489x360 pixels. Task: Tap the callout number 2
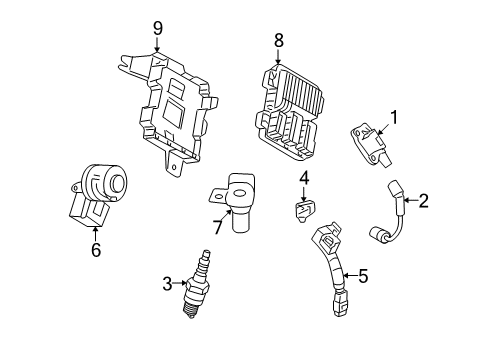(423, 201)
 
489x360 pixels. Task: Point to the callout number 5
(363, 274)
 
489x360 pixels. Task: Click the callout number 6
(96, 250)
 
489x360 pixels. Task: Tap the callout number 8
(279, 40)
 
